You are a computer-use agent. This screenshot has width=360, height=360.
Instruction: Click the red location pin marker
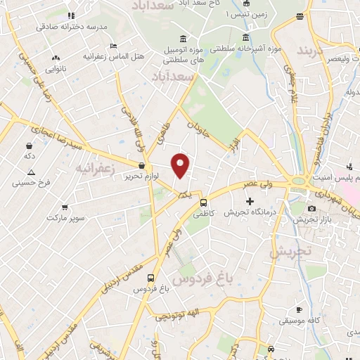[181, 165]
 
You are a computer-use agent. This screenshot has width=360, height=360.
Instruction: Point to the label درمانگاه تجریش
[249, 212]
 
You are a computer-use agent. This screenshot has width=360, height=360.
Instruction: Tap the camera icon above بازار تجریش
[312, 209]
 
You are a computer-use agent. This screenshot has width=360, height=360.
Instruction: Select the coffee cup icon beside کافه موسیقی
[299, 310]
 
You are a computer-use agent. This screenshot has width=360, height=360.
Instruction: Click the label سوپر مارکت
[66, 218]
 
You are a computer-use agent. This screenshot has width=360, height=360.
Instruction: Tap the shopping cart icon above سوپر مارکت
[65, 207]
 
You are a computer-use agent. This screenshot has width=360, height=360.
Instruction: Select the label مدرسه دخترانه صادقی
[72, 27]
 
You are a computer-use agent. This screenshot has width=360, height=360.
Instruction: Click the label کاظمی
[203, 212]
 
